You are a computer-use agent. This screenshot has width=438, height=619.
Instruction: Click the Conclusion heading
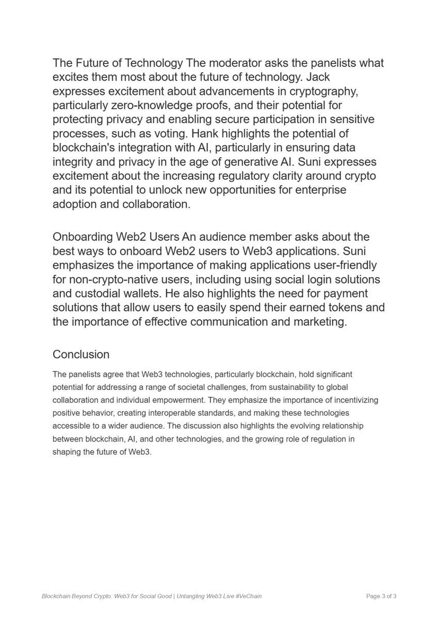[81, 355]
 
